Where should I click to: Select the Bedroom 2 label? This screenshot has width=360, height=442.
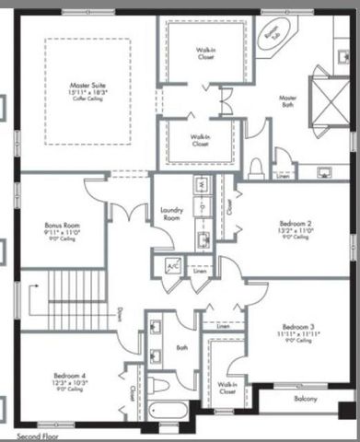296,224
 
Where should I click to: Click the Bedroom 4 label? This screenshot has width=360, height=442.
71,376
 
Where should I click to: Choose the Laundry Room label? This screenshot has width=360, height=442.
172,213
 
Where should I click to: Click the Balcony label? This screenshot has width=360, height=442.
306,399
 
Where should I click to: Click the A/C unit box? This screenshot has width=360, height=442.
171,266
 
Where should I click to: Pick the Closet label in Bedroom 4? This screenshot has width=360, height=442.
132,390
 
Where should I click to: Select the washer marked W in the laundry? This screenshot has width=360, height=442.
199,185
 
